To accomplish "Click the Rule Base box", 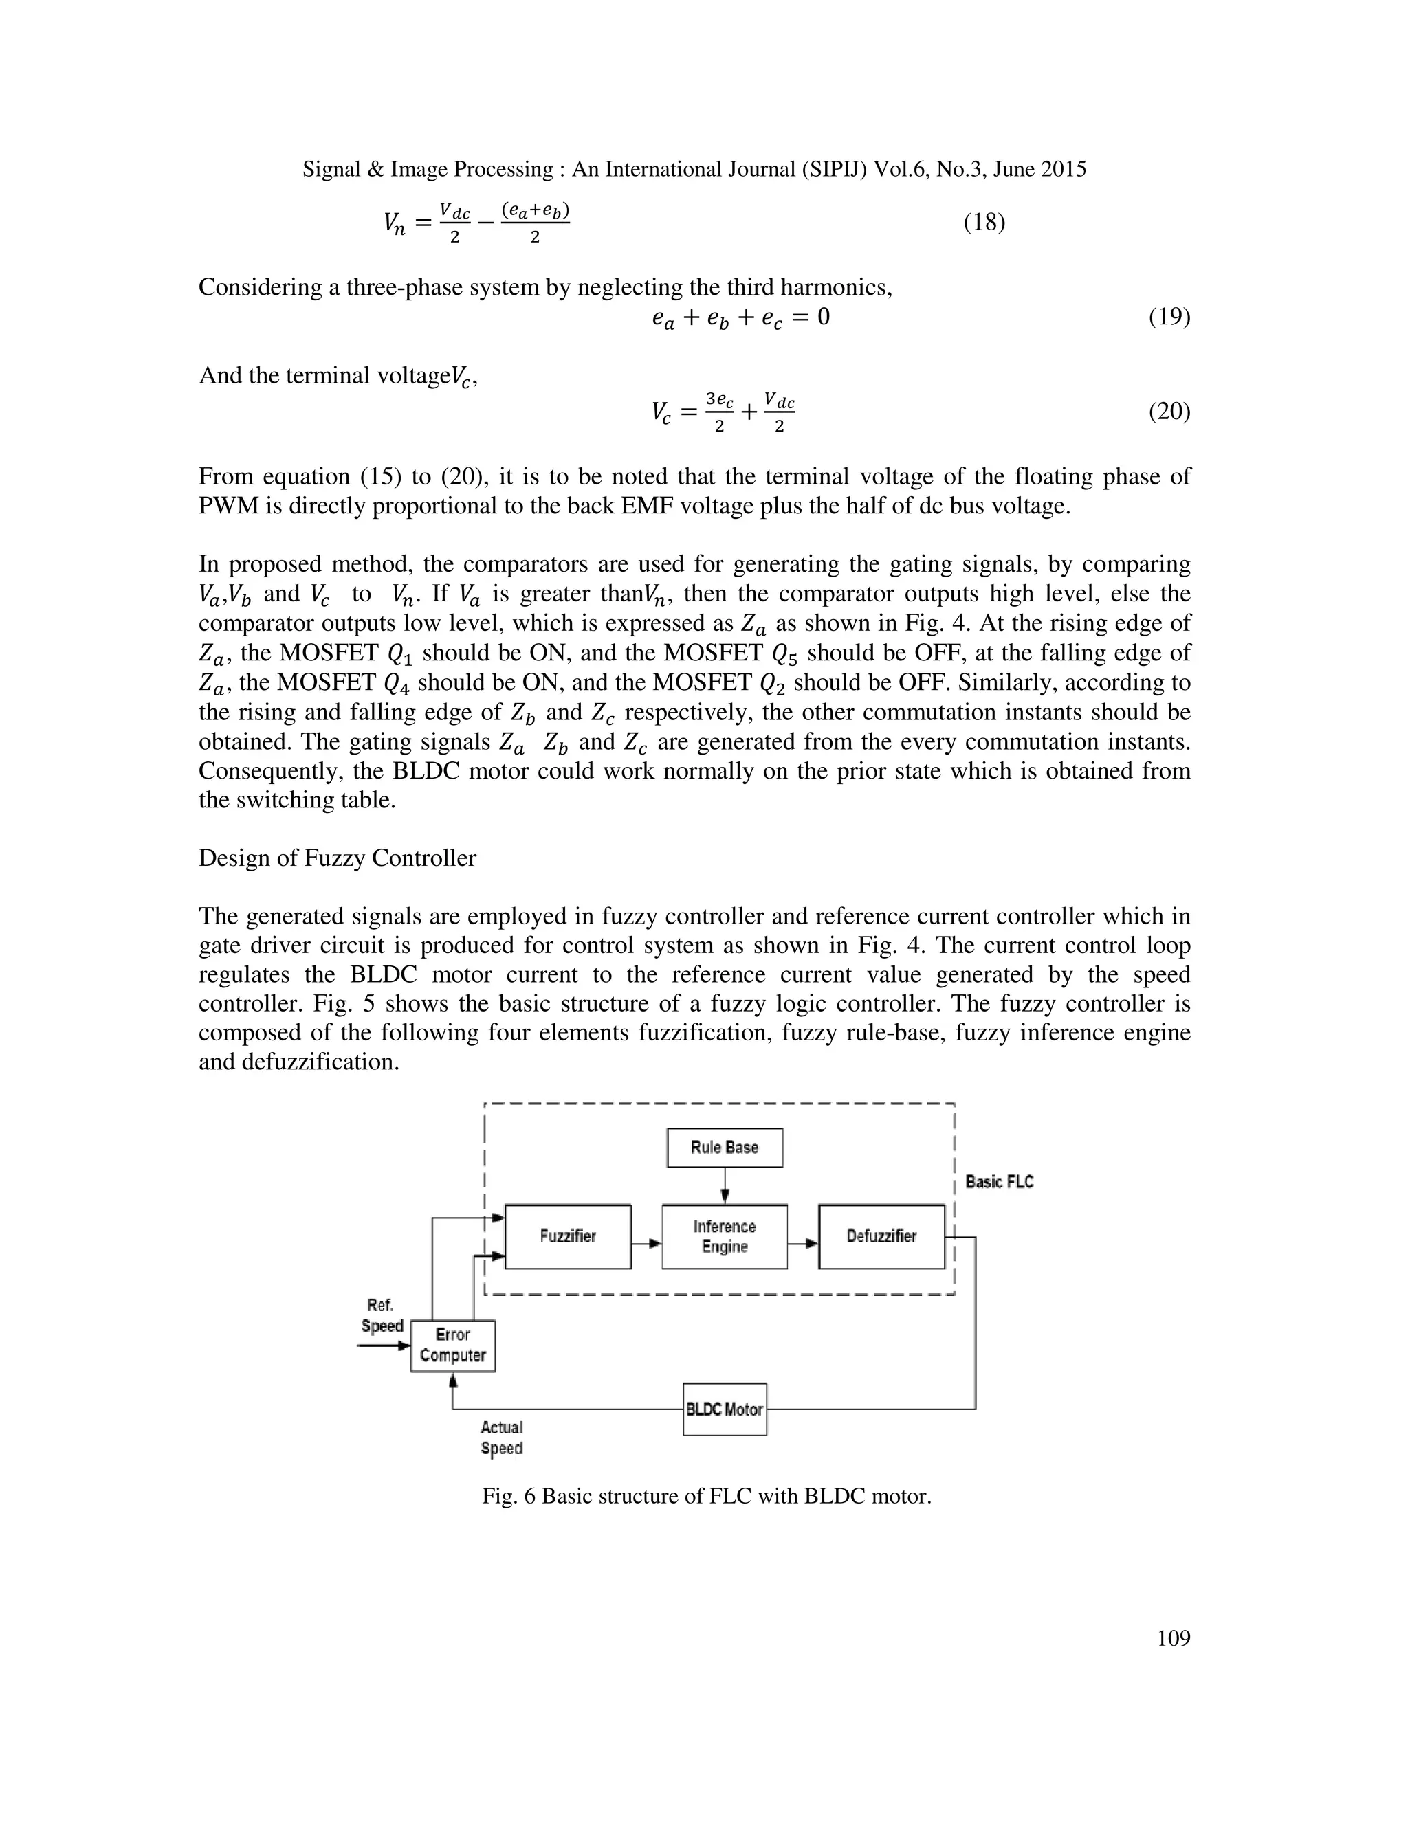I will pyautogui.click(x=724, y=1148).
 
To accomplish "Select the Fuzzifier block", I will pyautogui.click(x=567, y=1236).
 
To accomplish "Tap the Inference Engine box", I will pyautogui.click(x=724, y=1236).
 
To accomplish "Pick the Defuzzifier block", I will pyautogui.click(x=881, y=1236).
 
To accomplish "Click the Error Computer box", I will pyautogui.click(x=453, y=1345).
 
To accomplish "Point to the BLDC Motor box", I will pyautogui.click(x=724, y=1409).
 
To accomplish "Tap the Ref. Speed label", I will pyautogui.click(x=381, y=1316).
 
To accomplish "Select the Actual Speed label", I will pyautogui.click(x=501, y=1438).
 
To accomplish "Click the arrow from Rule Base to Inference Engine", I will pyautogui.click(x=725, y=1185).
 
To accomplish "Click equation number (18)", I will pyautogui.click(x=984, y=223).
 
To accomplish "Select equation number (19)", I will pyautogui.click(x=1169, y=317).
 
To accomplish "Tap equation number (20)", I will pyautogui.click(x=1169, y=411).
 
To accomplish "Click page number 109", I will pyautogui.click(x=1174, y=1638).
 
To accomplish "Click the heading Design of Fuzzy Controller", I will pyautogui.click(x=337, y=858).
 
